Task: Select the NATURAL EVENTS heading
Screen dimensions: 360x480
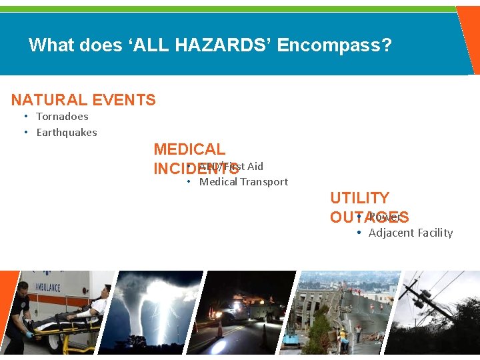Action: (83, 100)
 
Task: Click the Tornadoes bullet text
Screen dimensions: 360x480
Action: (62, 117)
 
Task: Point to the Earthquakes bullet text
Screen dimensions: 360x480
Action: (67, 133)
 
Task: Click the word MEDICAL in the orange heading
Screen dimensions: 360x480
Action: (189, 149)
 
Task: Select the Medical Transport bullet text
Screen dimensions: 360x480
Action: (243, 182)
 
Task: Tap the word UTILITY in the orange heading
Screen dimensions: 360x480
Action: (359, 198)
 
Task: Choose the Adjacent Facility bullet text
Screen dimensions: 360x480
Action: (411, 233)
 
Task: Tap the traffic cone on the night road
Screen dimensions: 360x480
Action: (220, 328)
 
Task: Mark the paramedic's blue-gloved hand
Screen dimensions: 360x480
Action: (29, 335)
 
